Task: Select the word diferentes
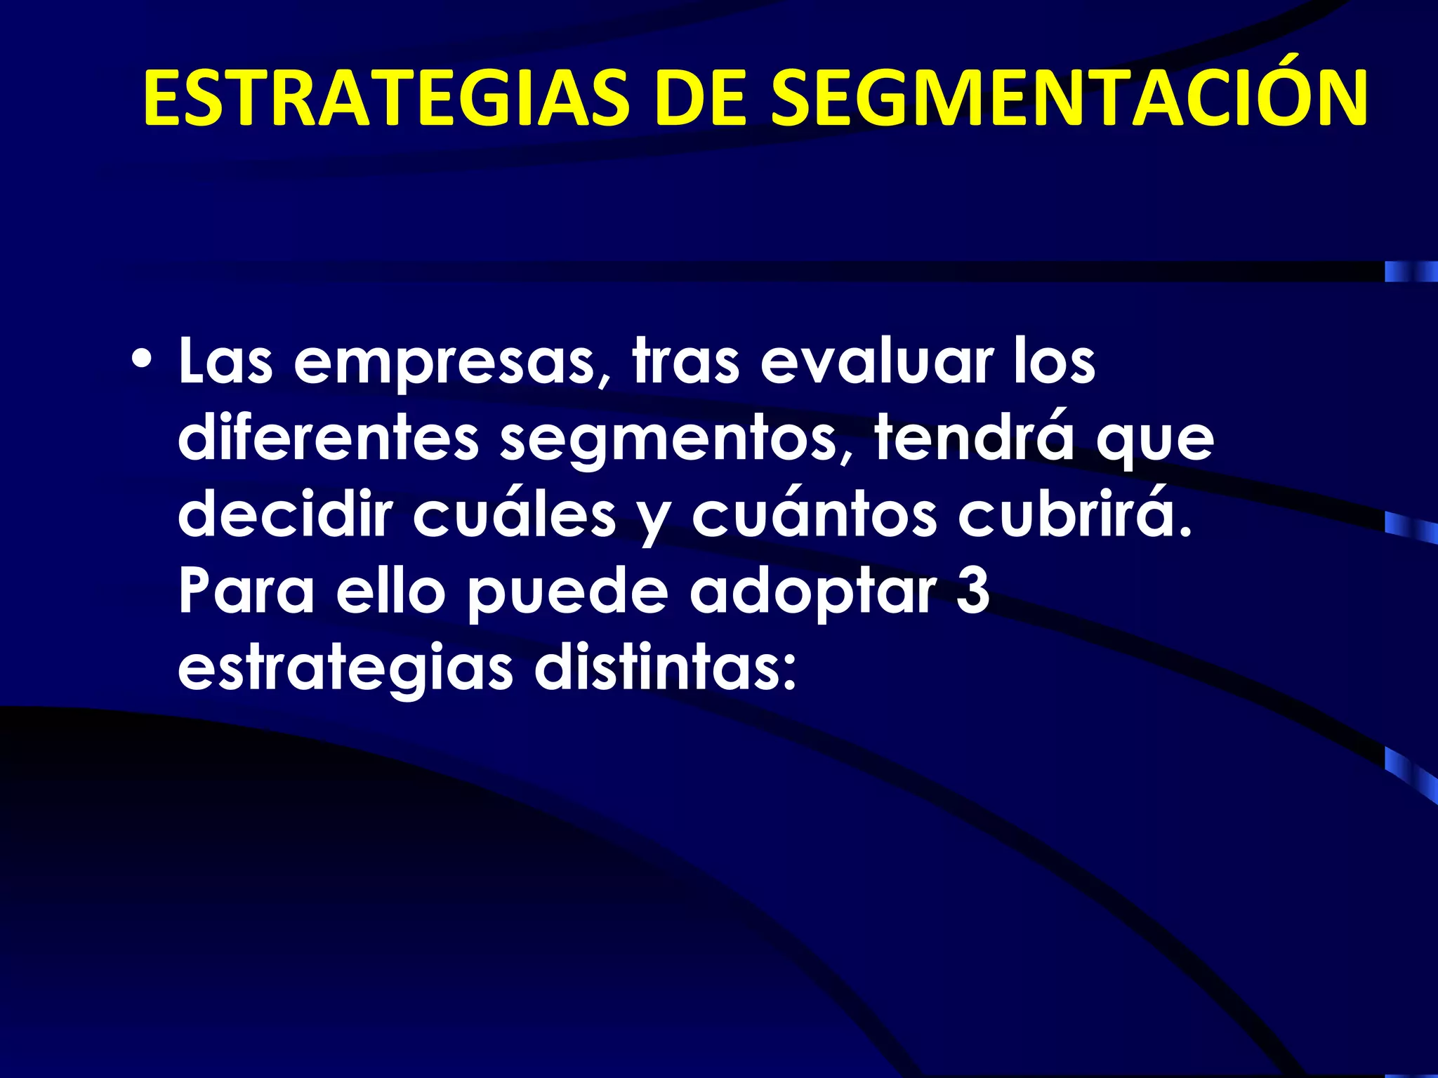tap(328, 439)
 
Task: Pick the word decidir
tap(284, 514)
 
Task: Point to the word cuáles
tap(514, 514)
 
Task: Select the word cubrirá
tap(1075, 514)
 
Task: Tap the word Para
tap(246, 591)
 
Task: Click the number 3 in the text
tap(973, 591)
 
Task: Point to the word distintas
tap(666, 667)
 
